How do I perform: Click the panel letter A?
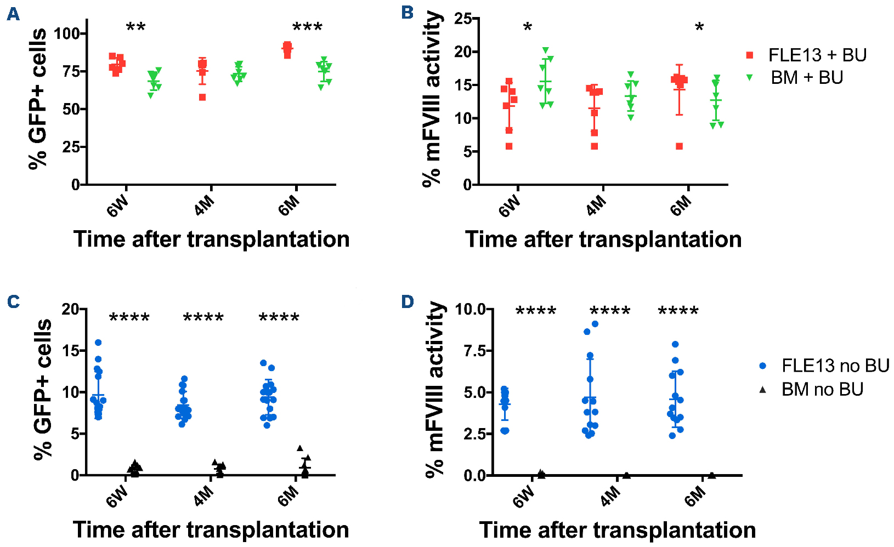[13, 14]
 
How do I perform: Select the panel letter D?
[408, 301]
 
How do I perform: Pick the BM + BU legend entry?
[806, 78]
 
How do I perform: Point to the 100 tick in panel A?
[66, 33]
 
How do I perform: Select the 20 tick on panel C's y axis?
[70, 309]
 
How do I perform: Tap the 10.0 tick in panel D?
[470, 309]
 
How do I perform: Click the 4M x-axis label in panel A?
[204, 207]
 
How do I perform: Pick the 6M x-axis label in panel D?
[695, 497]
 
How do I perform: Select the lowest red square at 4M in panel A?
[202, 97]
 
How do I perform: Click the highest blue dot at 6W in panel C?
[98, 343]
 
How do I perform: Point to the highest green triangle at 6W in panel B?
[545, 50]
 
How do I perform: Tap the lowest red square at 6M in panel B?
[679, 146]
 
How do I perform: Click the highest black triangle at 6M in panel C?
[300, 448]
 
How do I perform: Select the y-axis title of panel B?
[433, 99]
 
